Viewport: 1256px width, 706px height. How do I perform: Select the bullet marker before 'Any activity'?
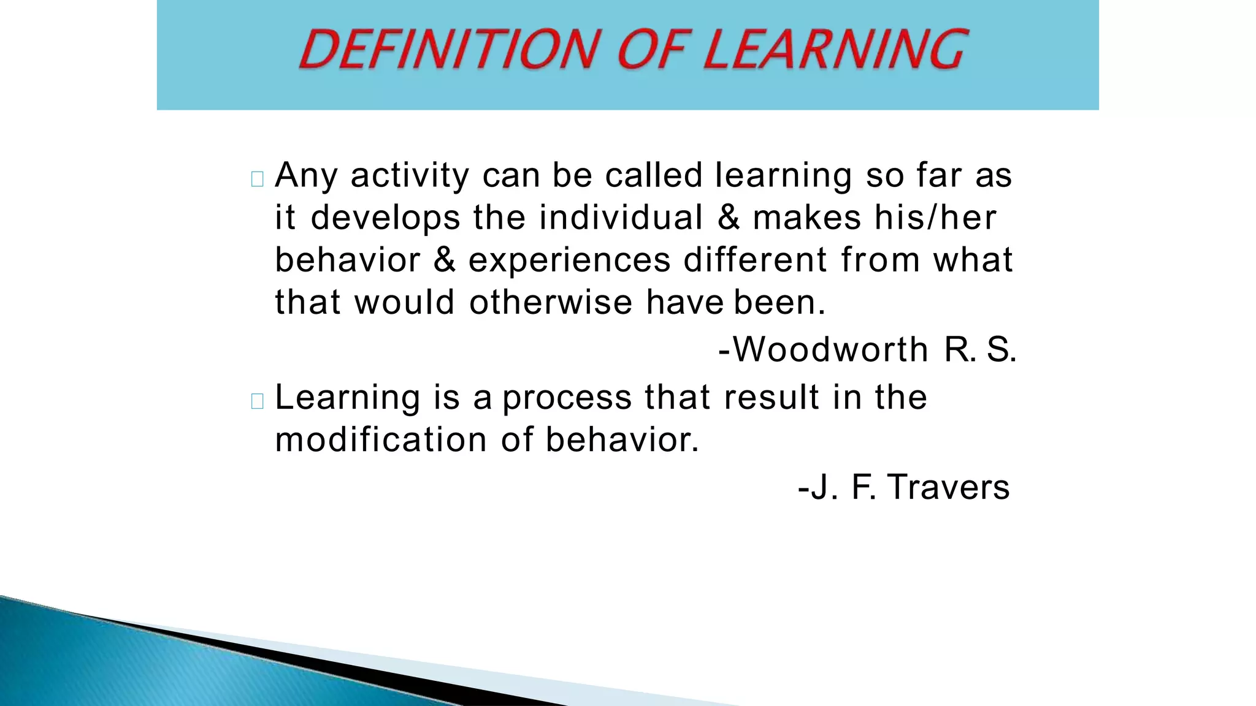point(258,179)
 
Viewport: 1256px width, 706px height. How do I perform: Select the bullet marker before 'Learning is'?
point(258,401)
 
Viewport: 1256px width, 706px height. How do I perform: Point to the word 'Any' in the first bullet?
point(306,176)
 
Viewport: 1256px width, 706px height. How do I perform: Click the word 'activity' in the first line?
point(410,175)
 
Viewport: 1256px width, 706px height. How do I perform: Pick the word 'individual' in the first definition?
point(621,218)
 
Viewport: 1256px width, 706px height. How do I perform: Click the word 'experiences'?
point(569,260)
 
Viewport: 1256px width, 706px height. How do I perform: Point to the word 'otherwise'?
point(550,302)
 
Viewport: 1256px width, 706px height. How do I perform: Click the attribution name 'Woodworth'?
point(830,350)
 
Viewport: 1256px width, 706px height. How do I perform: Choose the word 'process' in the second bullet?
point(567,398)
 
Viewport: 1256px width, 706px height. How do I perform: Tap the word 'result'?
point(772,397)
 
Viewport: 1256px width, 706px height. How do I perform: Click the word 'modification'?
point(381,439)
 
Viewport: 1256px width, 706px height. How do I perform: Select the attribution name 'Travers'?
point(948,487)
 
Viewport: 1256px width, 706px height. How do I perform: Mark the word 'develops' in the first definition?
point(385,219)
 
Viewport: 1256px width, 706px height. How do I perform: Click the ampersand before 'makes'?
point(728,218)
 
